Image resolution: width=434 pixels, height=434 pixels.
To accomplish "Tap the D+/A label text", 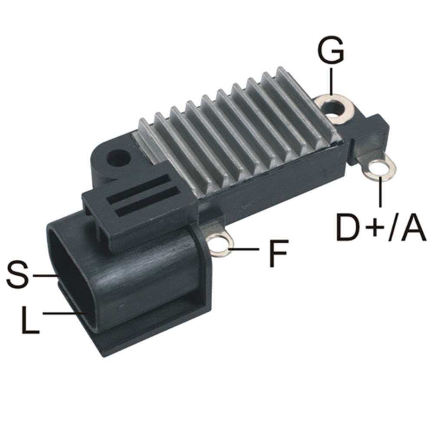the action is pos(381,227).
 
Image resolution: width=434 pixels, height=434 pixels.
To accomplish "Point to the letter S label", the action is pos(18,274).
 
